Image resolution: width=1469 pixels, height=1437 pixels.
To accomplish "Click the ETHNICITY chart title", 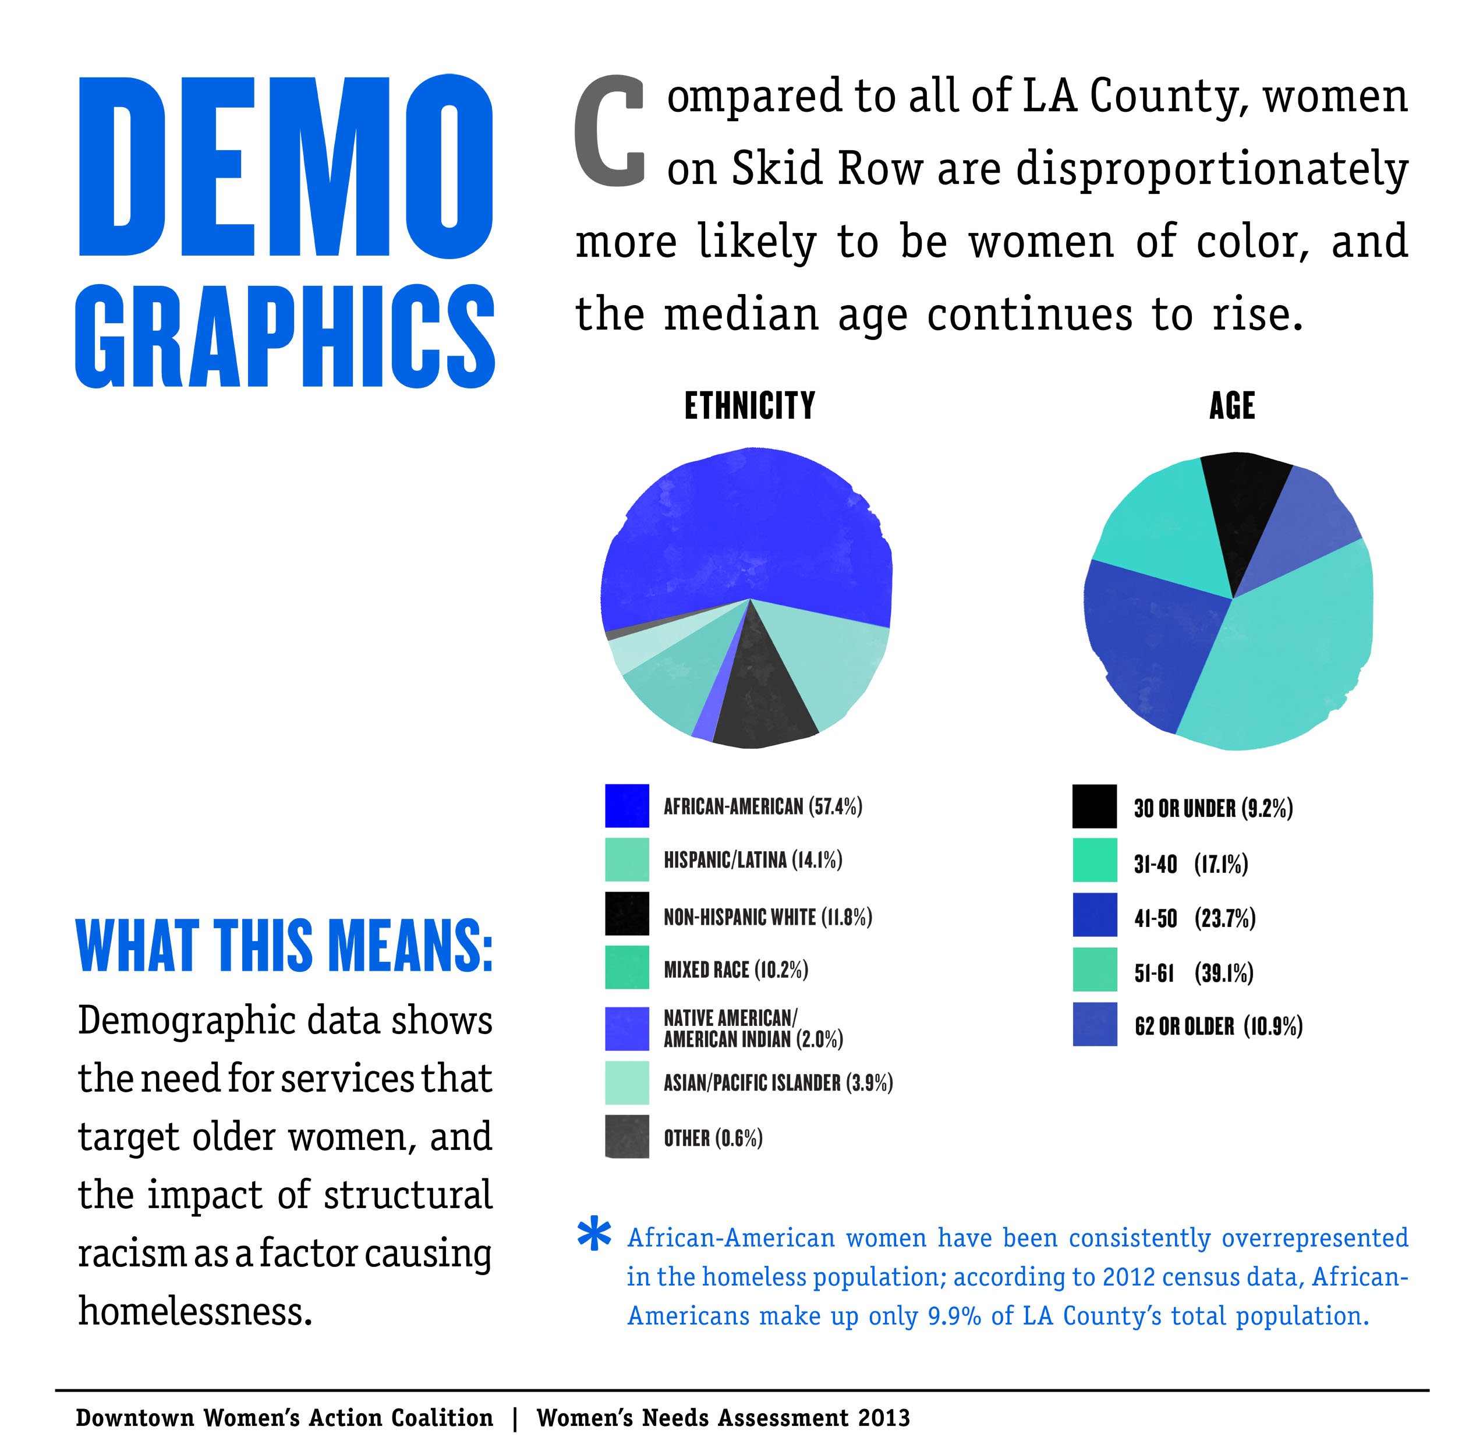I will [x=749, y=406].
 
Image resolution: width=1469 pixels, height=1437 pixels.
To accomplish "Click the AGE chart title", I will [x=1231, y=406].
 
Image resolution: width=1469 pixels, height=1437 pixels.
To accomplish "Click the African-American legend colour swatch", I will [x=626, y=805].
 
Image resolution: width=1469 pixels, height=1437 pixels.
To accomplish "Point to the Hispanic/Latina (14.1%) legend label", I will [x=753, y=859].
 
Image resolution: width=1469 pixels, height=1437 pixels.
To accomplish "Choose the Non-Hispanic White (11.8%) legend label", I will [x=768, y=916].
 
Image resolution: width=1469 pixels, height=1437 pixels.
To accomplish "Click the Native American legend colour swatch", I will [x=626, y=1028].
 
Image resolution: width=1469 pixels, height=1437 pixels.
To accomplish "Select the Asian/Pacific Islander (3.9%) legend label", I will [x=777, y=1082].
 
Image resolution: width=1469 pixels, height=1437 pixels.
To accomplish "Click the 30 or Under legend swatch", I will [x=1094, y=806].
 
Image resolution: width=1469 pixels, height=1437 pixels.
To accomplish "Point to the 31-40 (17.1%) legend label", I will [x=1191, y=863].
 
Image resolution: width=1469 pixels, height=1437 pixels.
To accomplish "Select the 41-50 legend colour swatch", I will [x=1094, y=915].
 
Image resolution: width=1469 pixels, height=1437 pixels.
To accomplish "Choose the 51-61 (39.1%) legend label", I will [x=1192, y=973].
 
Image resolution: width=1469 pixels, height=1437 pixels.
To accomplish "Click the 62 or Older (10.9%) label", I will [x=1217, y=1027].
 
